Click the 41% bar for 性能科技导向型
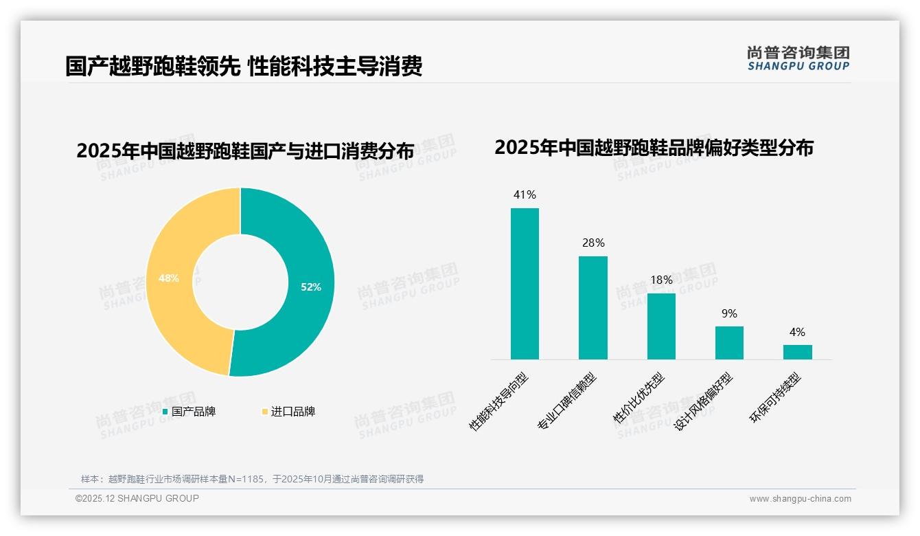click(x=525, y=283)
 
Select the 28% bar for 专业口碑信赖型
click(x=593, y=307)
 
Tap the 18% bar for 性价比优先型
click(x=661, y=326)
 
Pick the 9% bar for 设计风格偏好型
click(x=729, y=342)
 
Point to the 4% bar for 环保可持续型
click(x=797, y=352)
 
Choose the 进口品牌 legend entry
click(x=288, y=412)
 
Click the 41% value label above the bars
click(x=525, y=194)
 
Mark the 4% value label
click(x=797, y=332)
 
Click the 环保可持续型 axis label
click(x=776, y=399)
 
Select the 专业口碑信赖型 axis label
click(x=566, y=402)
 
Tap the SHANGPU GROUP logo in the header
click(x=798, y=58)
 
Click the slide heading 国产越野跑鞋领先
click(x=152, y=66)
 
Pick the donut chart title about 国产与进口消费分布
click(x=245, y=150)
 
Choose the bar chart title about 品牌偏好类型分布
click(x=654, y=147)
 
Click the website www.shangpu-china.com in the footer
click(x=800, y=499)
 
